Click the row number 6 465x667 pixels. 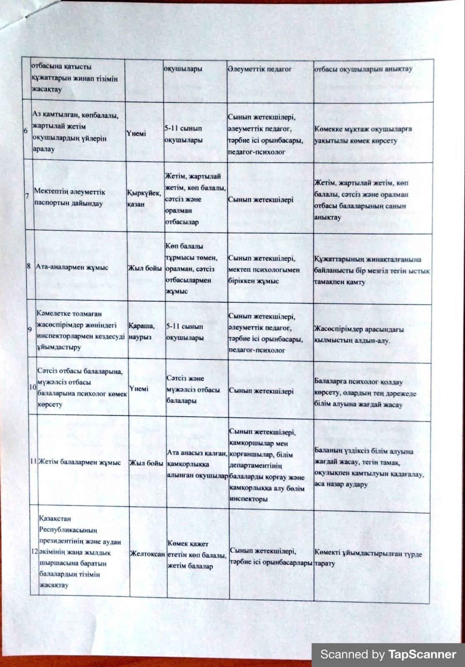click(26, 131)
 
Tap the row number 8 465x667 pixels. click(29, 266)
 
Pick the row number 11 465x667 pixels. click(34, 461)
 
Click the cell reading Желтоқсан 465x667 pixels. click(147, 554)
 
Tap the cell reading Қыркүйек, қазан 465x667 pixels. click(144, 198)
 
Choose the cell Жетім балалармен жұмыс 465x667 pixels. click(79, 462)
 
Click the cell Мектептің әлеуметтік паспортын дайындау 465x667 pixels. click(69, 198)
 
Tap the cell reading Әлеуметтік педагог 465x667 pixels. click(259, 69)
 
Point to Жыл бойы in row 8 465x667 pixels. click(145, 268)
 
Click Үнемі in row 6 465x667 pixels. click(136, 133)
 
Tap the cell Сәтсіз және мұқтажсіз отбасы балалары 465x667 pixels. click(193, 389)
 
